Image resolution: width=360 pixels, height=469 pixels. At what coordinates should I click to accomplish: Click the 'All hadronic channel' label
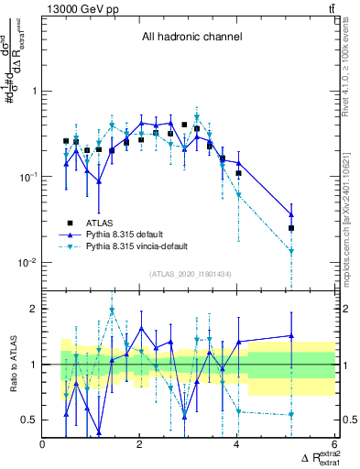(x=191, y=38)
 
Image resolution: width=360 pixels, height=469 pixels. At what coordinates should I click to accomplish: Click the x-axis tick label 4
(x=238, y=445)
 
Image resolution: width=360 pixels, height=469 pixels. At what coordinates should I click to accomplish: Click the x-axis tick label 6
(x=335, y=445)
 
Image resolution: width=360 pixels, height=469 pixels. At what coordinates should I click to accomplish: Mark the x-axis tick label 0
(x=43, y=445)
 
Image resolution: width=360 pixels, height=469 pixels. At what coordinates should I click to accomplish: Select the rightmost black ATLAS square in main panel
(x=291, y=228)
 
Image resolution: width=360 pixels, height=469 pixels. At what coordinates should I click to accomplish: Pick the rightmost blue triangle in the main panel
(x=291, y=214)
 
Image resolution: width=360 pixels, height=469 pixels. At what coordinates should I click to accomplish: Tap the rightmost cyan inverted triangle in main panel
(x=291, y=251)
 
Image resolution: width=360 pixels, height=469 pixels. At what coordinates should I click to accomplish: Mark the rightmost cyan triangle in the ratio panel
(x=291, y=414)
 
